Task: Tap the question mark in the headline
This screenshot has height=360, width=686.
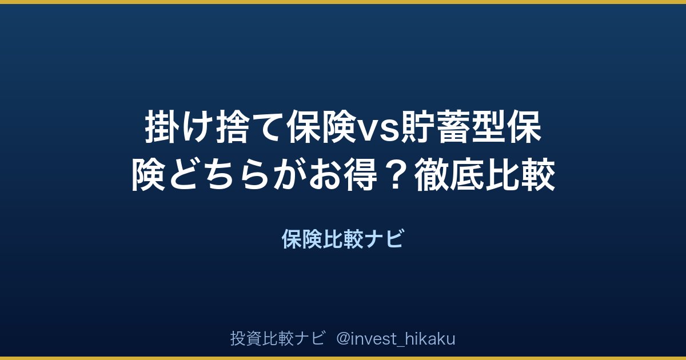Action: click(x=395, y=175)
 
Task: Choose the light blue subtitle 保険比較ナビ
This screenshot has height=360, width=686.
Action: click(x=342, y=239)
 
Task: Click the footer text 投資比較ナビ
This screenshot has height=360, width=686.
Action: click(x=277, y=338)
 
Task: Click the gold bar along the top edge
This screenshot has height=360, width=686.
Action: click(x=343, y=2)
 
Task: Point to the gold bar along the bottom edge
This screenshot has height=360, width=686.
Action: click(x=343, y=358)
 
